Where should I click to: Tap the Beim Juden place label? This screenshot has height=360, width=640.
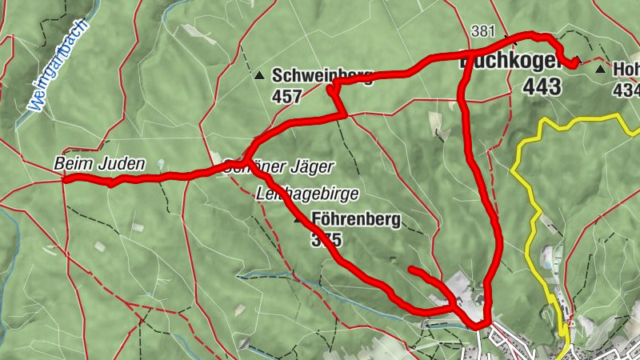[100, 164]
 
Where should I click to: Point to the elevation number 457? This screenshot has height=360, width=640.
[286, 97]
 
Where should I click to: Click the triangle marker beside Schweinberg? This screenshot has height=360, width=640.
[259, 77]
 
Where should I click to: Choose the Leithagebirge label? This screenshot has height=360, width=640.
[307, 194]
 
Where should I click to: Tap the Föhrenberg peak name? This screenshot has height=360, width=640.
[356, 220]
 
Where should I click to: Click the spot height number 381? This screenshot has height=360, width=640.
[483, 32]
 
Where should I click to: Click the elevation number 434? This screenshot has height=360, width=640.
[626, 90]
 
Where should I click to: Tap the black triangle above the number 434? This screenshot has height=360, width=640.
[601, 70]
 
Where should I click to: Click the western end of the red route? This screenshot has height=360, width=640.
[64, 180]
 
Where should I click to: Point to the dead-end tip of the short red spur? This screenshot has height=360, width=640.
[410, 270]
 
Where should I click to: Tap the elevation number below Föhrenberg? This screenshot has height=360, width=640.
[326, 239]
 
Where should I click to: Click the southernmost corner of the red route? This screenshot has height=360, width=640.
[478, 325]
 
